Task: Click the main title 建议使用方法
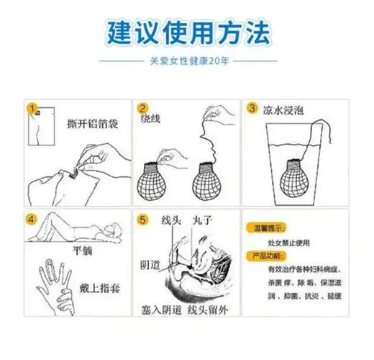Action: tap(186, 32)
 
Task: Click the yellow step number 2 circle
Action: tap(142, 108)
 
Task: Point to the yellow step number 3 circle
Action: tap(252, 108)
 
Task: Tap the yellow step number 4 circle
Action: tap(31, 219)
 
